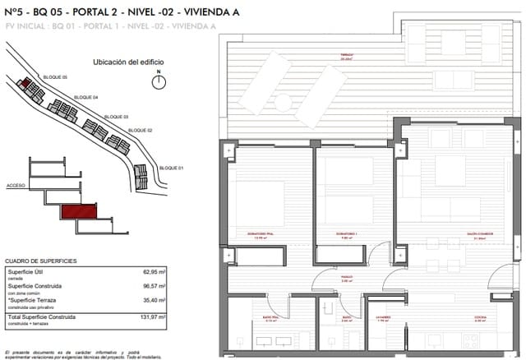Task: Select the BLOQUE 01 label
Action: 169,167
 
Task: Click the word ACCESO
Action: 16,187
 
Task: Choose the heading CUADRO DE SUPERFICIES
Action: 41,260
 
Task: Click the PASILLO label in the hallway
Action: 347,279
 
